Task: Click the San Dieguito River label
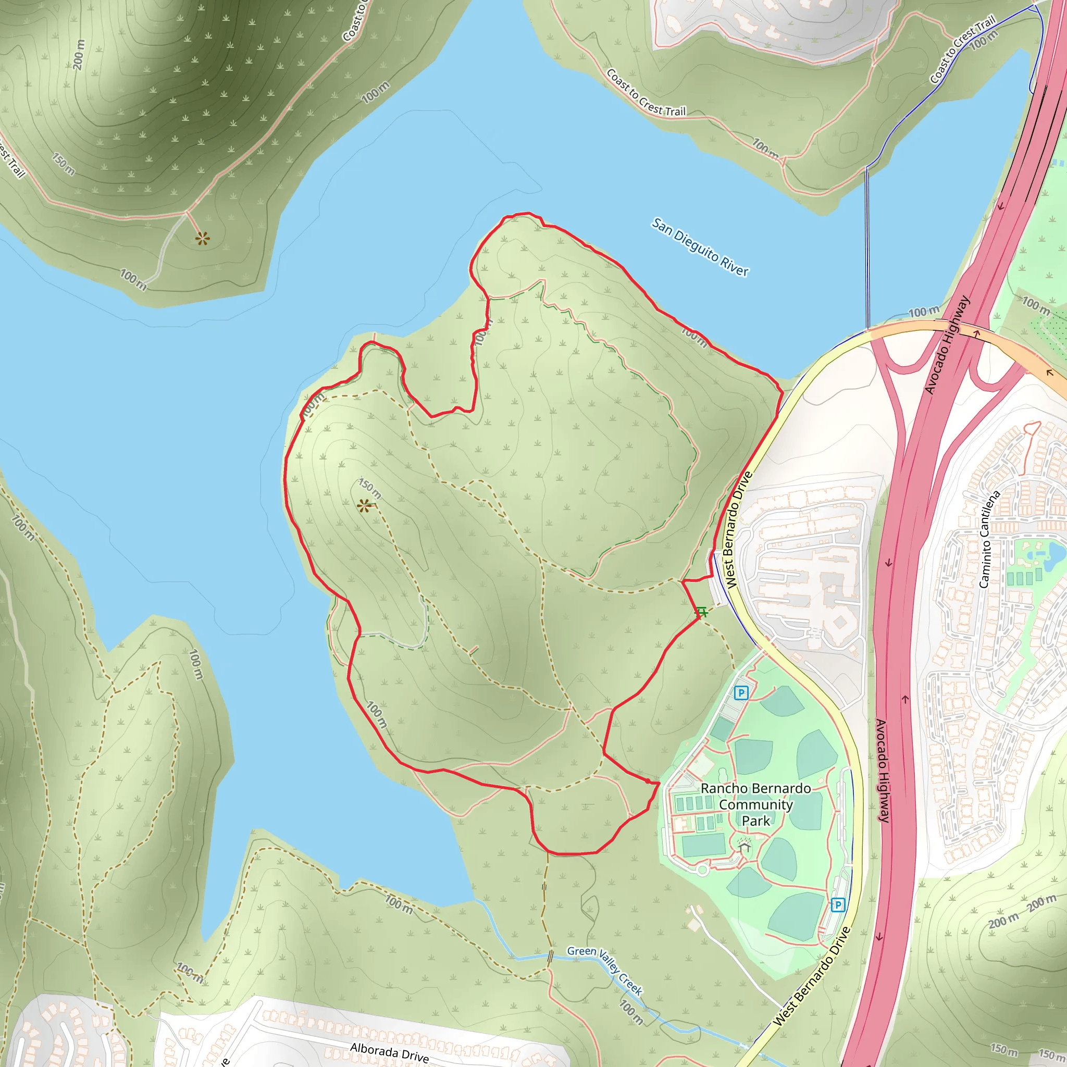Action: (x=700, y=247)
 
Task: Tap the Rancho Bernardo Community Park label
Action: (x=755, y=804)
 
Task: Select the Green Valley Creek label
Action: (x=605, y=970)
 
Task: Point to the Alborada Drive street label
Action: (x=389, y=1052)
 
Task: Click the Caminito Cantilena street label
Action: (x=989, y=539)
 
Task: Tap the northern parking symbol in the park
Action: (x=741, y=692)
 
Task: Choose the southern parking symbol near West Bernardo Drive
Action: (x=838, y=904)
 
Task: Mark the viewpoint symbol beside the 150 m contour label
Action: (x=364, y=505)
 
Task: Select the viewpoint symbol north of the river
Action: (x=203, y=239)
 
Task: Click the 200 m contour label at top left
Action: (x=79, y=55)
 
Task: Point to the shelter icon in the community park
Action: (x=745, y=846)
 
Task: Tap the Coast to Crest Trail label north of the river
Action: (x=646, y=93)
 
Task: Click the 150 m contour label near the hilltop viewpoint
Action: (x=369, y=488)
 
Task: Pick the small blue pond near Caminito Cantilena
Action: (x=1056, y=552)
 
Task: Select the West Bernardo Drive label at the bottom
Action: (x=811, y=977)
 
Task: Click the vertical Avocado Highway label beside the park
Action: (x=883, y=771)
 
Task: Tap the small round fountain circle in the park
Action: (x=702, y=871)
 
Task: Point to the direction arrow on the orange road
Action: (x=1049, y=373)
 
